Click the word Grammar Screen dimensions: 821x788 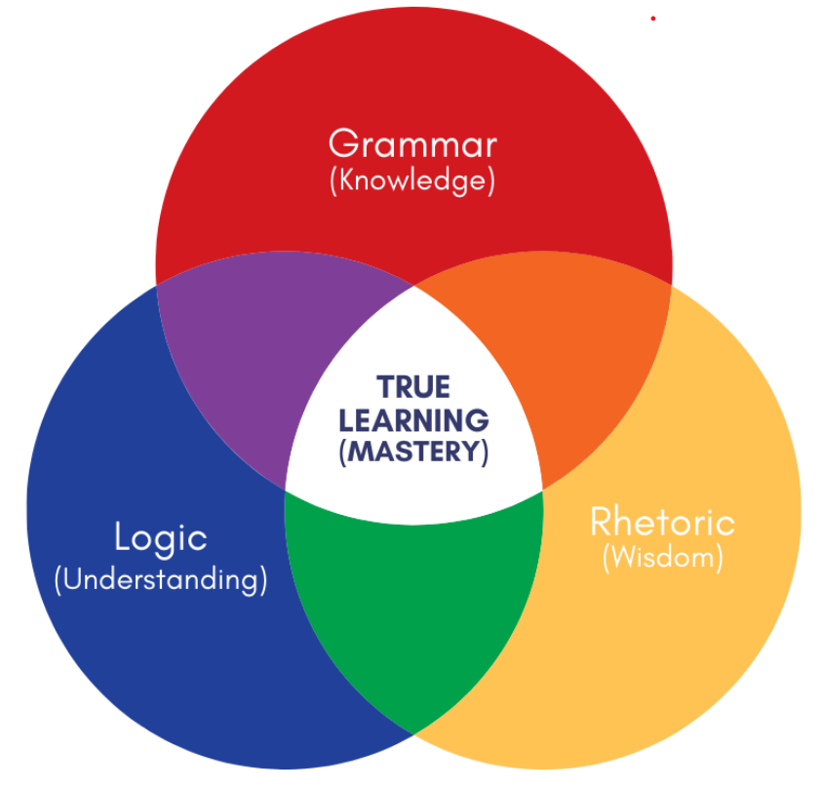point(412,143)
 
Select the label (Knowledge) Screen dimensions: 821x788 point(412,180)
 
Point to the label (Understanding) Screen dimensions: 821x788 point(161,580)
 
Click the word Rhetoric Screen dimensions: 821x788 point(662,522)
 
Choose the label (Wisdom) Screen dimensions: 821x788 point(663,557)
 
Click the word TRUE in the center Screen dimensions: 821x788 point(413,387)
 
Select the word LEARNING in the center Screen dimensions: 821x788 point(413,420)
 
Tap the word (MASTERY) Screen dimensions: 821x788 point(413,452)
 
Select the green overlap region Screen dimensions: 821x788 point(413,602)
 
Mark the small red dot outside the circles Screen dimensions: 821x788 point(653,19)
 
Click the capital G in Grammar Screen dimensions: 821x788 point(343,143)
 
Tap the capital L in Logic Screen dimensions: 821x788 point(121,535)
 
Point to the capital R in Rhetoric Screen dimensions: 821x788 point(602,522)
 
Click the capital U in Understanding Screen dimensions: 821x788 point(74,579)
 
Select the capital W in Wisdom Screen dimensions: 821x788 point(627,557)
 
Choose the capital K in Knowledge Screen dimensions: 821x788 point(348,179)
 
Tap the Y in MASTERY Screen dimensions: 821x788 point(472,452)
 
